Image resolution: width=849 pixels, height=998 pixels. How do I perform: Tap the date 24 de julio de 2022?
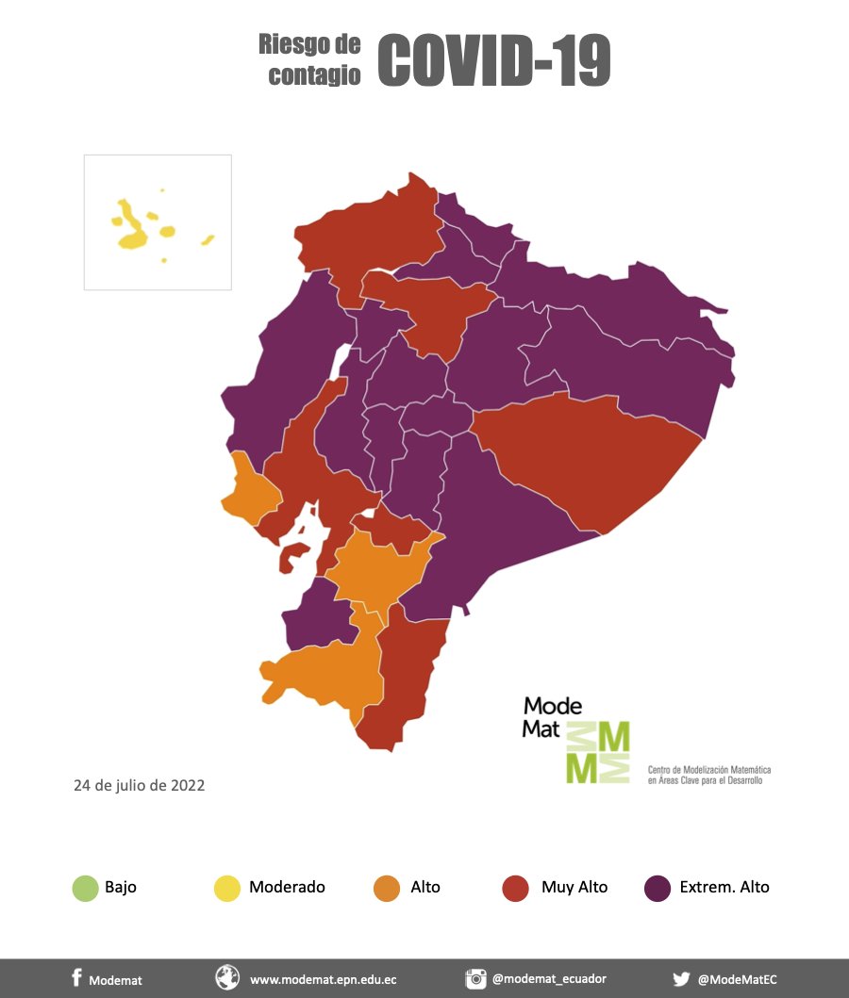coord(140,784)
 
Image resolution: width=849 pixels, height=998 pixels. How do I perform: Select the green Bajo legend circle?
coord(85,888)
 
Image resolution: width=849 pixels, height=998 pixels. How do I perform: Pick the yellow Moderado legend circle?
coord(227,888)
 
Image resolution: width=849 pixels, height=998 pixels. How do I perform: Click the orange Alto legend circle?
coord(387,888)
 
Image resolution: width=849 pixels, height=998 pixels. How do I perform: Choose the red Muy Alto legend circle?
coord(515,888)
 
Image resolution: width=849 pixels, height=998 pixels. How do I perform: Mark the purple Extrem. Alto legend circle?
coord(658,888)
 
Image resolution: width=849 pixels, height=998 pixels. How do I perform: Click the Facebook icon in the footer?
coord(76,978)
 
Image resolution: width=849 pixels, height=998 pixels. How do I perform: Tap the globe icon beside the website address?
coord(227,978)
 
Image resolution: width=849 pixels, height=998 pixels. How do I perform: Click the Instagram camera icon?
coord(475,978)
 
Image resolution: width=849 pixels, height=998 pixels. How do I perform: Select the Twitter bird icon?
coord(681,978)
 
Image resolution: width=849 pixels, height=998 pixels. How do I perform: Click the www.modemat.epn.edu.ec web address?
coord(323,979)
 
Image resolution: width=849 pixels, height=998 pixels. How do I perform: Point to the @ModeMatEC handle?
coord(737,979)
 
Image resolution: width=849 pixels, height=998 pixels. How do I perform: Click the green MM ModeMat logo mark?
coord(597,753)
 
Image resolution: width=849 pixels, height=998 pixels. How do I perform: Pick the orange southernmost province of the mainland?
coord(325,674)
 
